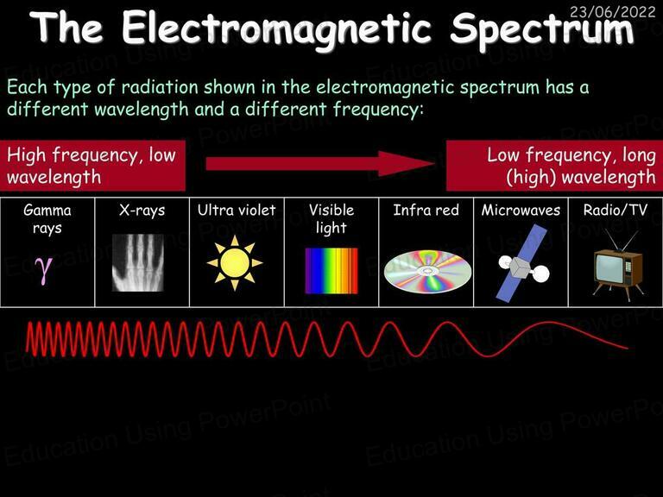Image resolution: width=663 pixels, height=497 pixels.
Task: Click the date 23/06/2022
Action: [x=612, y=11]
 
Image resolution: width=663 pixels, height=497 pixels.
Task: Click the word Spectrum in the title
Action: [x=541, y=28]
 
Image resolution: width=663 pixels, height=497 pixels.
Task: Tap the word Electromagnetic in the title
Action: [x=276, y=29]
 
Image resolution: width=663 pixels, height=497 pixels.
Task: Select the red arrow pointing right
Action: [x=320, y=164]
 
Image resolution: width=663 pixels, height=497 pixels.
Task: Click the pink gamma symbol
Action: [x=44, y=269]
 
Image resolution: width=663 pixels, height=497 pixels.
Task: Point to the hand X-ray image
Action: [x=138, y=262]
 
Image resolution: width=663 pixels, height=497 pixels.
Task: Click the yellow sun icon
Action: [x=235, y=263]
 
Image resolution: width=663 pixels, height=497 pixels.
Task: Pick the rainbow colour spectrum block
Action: [x=331, y=270]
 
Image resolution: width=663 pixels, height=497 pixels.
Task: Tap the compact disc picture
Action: [x=427, y=271]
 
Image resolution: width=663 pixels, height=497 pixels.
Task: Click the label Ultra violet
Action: [x=237, y=210]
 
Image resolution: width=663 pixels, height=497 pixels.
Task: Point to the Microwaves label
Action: [x=521, y=210]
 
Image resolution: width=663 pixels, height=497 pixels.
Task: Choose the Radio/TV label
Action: [x=616, y=210]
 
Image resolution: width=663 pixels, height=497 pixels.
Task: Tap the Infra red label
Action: [x=426, y=210]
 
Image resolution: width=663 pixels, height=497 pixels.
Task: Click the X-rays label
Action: [x=142, y=211]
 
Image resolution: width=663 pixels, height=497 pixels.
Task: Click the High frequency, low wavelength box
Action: [x=92, y=166]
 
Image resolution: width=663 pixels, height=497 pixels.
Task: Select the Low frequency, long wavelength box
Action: [x=555, y=166]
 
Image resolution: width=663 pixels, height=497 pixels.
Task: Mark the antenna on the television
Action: [x=621, y=241]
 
